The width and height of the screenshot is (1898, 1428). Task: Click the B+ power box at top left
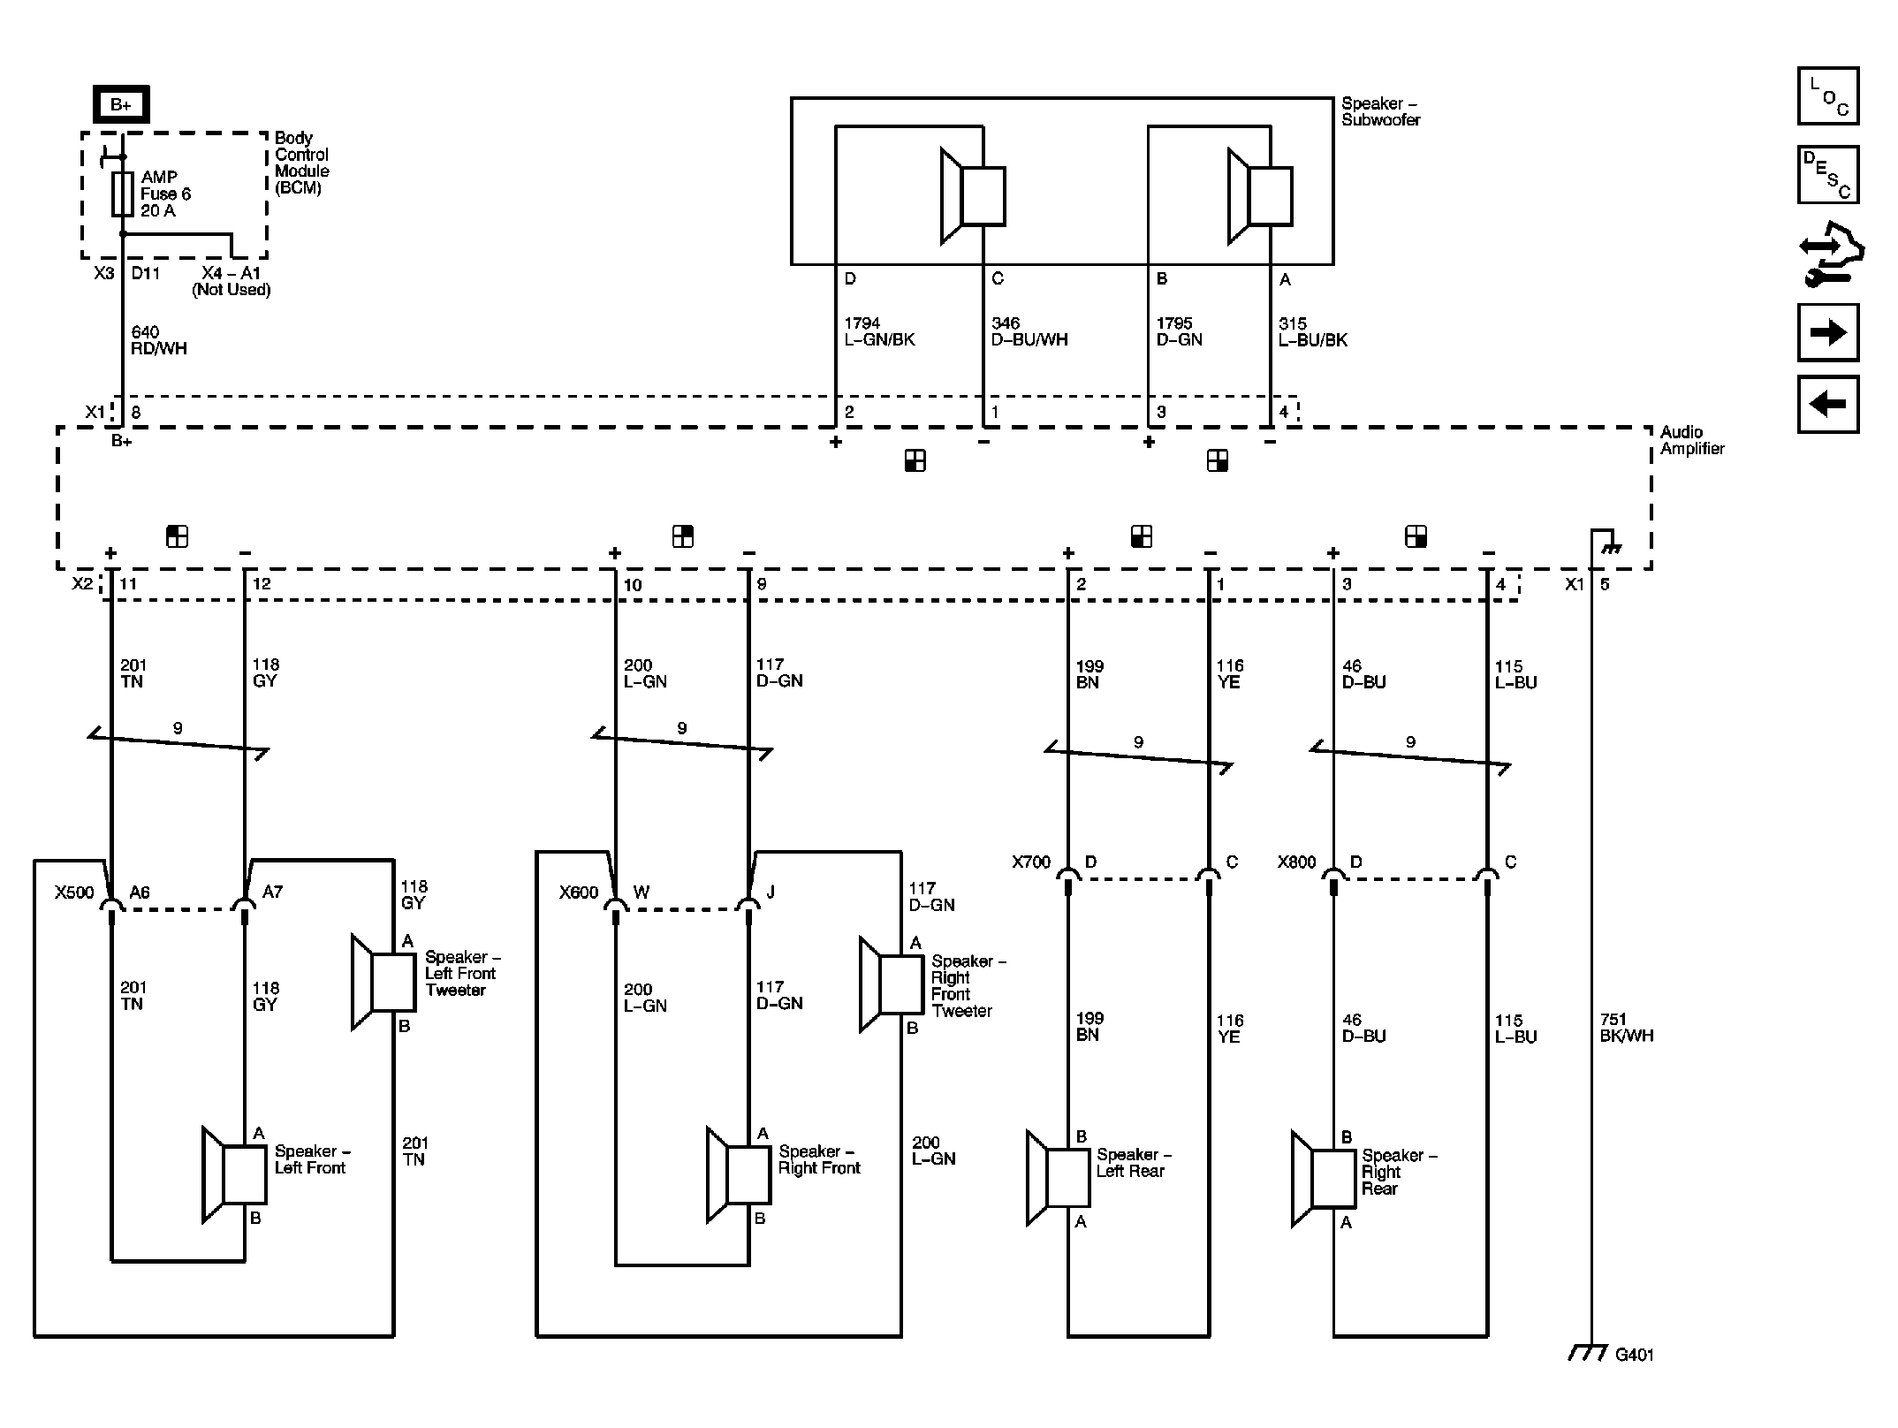(x=121, y=104)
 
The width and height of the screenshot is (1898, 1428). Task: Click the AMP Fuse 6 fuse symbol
(x=123, y=194)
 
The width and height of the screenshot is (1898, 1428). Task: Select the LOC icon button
(x=1827, y=96)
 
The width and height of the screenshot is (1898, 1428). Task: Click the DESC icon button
(x=1827, y=175)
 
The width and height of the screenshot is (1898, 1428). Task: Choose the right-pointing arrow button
(x=1827, y=332)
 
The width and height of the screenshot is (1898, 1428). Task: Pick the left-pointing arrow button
(x=1827, y=404)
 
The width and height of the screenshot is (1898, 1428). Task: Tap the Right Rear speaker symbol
(x=1324, y=1179)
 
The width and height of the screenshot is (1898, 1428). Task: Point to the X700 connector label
(x=1030, y=862)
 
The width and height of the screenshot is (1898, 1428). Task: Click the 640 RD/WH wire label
(x=159, y=340)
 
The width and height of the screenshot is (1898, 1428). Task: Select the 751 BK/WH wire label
(x=1626, y=1028)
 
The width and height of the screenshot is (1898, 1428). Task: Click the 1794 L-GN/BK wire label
(x=878, y=331)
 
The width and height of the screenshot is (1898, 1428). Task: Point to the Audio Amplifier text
(x=1691, y=440)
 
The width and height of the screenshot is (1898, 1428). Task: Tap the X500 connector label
(x=74, y=892)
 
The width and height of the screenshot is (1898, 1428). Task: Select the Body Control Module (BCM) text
(x=301, y=163)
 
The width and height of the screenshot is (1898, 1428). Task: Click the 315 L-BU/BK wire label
(x=1312, y=331)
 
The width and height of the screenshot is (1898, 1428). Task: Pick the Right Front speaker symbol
(x=740, y=1175)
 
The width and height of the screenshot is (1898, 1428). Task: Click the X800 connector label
(x=1295, y=862)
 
